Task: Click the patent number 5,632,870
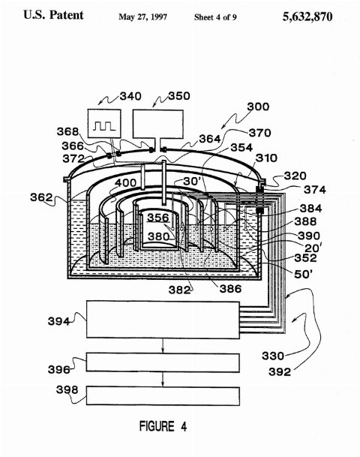click(x=307, y=17)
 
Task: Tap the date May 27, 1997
click(x=142, y=17)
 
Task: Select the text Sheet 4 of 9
click(x=215, y=17)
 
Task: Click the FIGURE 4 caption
click(x=163, y=426)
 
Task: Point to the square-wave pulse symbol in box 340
click(x=104, y=126)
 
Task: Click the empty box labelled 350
click(x=158, y=124)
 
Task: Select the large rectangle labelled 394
click(x=163, y=320)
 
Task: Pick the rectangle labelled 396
click(x=163, y=362)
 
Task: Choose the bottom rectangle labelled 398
click(x=163, y=395)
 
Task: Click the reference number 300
click(x=258, y=107)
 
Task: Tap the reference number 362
click(x=41, y=197)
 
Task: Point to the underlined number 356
click(x=157, y=218)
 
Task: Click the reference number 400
click(x=125, y=183)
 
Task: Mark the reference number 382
click(x=179, y=290)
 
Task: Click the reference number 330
click(x=272, y=356)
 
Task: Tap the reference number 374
click(x=314, y=190)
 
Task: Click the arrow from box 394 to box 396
click(x=163, y=346)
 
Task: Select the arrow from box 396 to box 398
click(x=163, y=379)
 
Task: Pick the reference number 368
click(x=67, y=131)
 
